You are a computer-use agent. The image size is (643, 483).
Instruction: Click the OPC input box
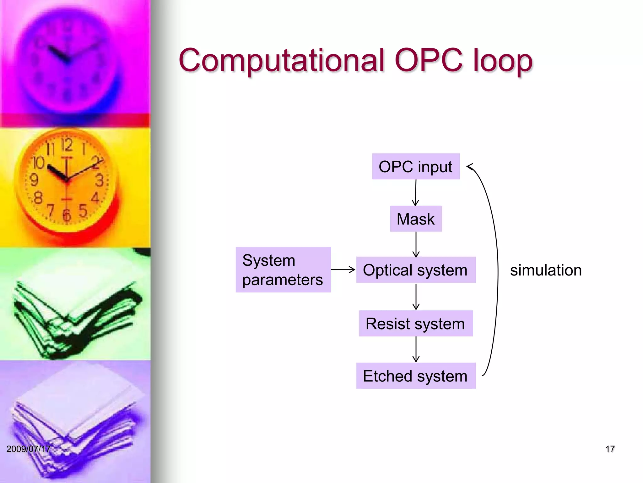tap(415, 166)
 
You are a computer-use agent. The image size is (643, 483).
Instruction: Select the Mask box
tap(415, 219)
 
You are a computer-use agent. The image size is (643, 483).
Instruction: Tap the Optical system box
tap(415, 270)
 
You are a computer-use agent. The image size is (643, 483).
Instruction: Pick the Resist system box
tap(415, 324)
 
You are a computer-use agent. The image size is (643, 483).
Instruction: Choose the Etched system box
tap(415, 376)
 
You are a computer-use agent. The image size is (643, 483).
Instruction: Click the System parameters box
tap(283, 270)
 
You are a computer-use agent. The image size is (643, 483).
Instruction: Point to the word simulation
tap(546, 270)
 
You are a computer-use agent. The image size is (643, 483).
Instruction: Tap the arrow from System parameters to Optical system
tap(343, 269)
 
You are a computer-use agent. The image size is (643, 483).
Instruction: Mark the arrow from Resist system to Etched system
tap(416, 349)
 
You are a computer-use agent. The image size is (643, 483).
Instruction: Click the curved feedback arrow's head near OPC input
tap(470, 167)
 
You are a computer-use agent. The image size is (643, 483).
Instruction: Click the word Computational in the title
tap(282, 60)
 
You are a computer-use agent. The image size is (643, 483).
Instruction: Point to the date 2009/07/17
tap(28, 449)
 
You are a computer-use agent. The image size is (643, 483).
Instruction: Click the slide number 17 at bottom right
tap(610, 449)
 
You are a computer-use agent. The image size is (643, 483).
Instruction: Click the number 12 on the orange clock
tap(67, 145)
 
